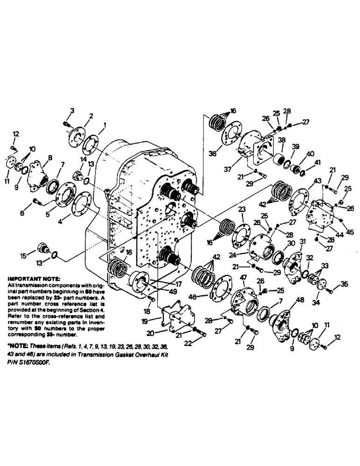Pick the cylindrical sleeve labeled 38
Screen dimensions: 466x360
point(281,158)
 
